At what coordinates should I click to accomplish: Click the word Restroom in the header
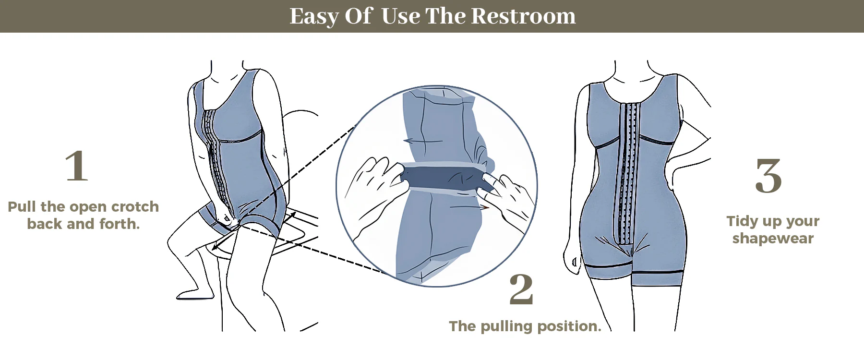coord(523,16)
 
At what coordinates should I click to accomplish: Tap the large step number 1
coord(77,166)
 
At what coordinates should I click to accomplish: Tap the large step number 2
coord(521,289)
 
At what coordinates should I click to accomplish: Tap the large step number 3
coord(768,176)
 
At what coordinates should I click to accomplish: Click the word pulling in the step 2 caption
coord(507,327)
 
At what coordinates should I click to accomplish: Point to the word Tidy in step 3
coord(742,222)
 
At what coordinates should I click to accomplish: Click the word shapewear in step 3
coord(773,239)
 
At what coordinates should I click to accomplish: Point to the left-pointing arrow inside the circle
coord(422,141)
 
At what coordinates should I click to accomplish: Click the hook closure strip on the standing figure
coord(628,173)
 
